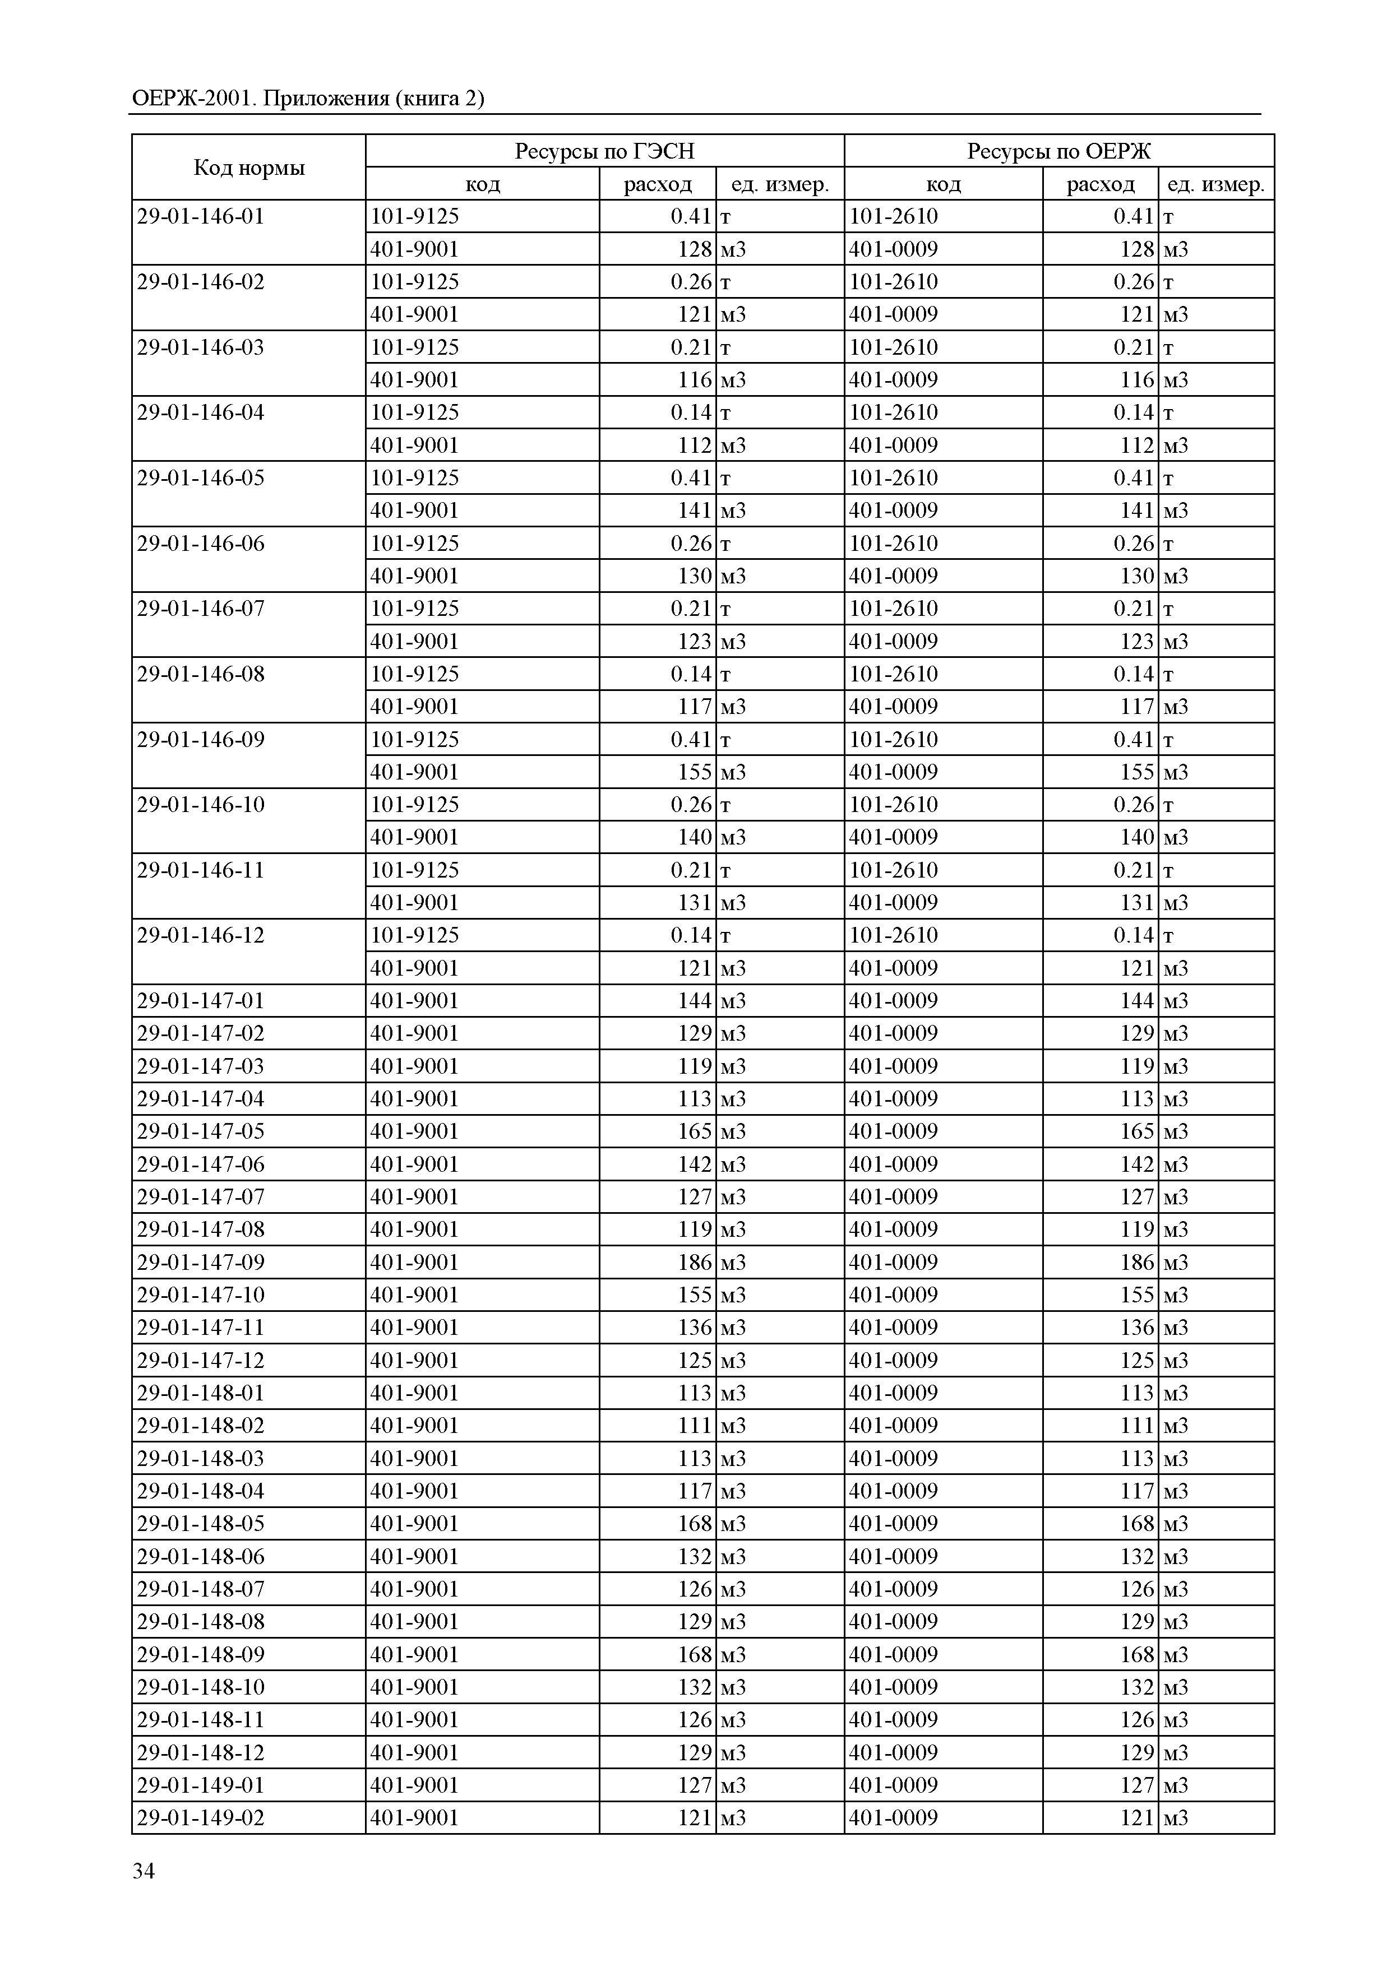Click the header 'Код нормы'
click(x=248, y=168)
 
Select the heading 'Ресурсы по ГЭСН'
click(x=604, y=151)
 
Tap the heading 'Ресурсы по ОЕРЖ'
click(x=1058, y=151)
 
